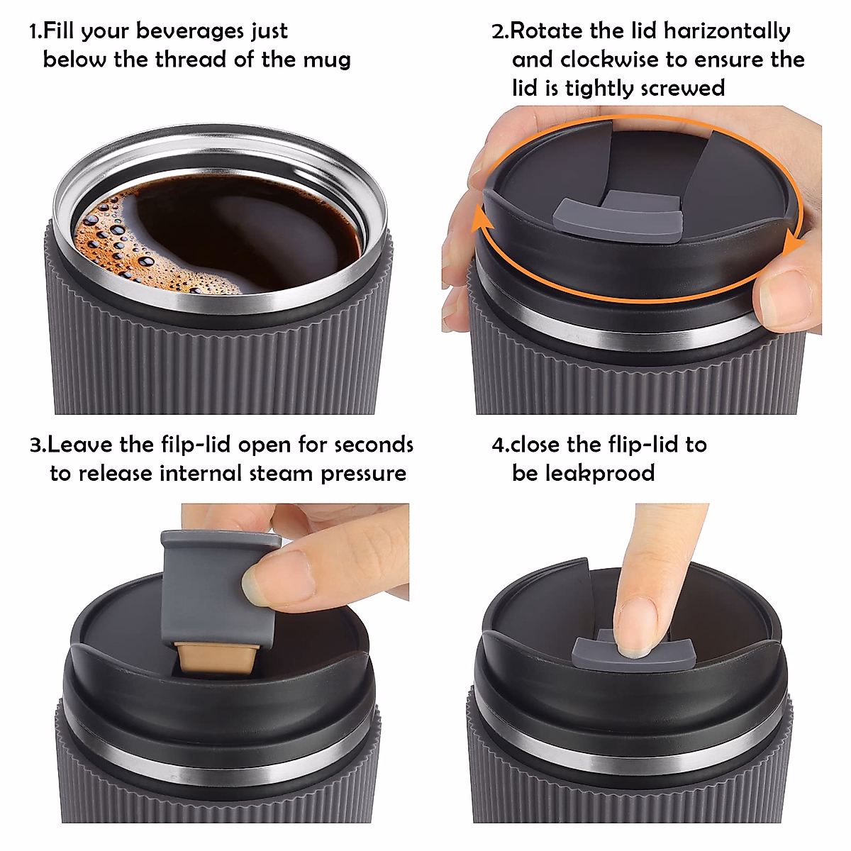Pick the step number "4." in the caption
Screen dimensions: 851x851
click(500, 445)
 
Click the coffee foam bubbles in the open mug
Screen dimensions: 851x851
click(106, 241)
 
